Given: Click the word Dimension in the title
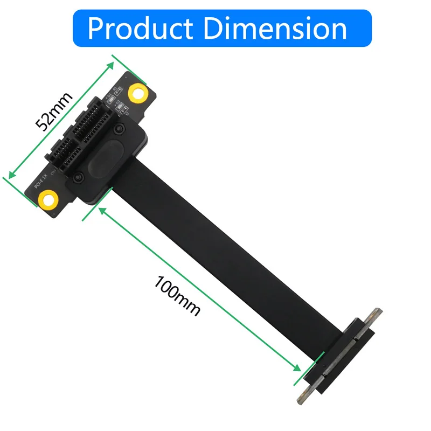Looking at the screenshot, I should (275, 28).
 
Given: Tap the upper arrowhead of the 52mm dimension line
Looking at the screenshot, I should (112, 64).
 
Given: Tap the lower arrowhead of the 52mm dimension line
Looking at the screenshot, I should (9, 175).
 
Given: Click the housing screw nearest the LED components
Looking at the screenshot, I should (123, 129).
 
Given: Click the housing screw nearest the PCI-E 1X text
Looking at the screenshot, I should (80, 177).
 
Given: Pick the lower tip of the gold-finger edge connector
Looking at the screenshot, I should (300, 399).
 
